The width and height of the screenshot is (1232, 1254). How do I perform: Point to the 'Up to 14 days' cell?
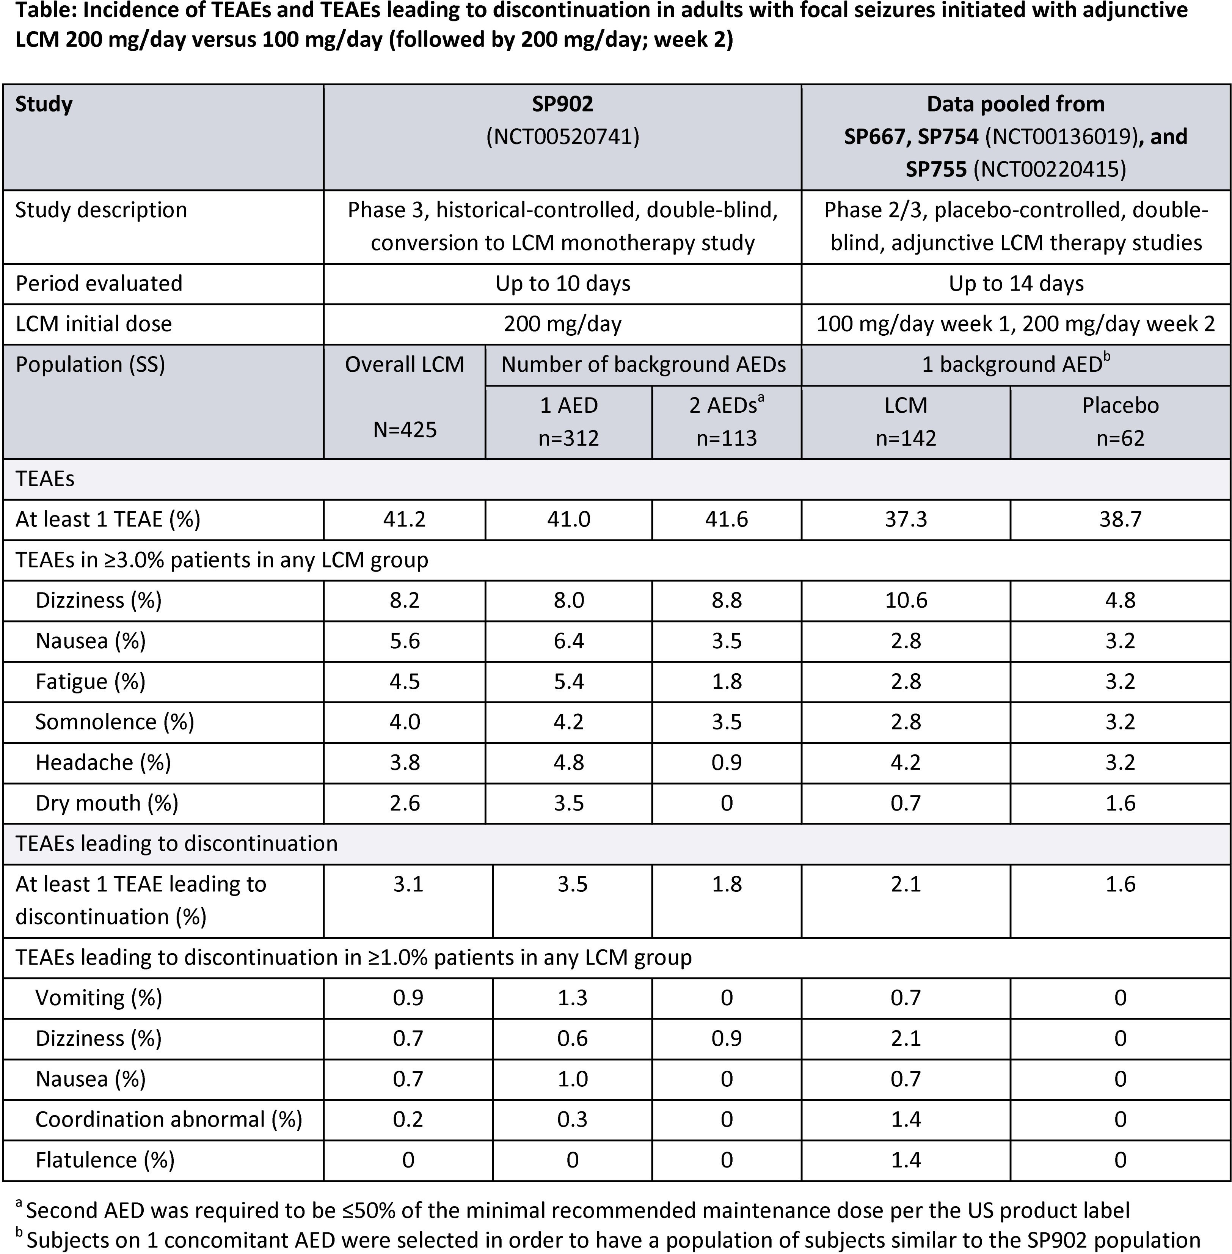(1016, 284)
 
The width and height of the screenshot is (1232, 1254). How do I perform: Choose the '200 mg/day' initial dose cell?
(562, 324)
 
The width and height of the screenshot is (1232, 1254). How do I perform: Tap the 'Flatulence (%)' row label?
(105, 1160)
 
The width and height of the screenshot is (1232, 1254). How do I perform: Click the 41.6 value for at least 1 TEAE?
(726, 519)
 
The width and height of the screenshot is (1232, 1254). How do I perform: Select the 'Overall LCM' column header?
(405, 365)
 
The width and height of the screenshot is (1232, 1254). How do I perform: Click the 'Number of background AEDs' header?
(643, 365)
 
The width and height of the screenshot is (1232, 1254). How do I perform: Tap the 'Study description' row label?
(101, 210)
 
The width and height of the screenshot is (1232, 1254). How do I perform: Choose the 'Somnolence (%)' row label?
(115, 722)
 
